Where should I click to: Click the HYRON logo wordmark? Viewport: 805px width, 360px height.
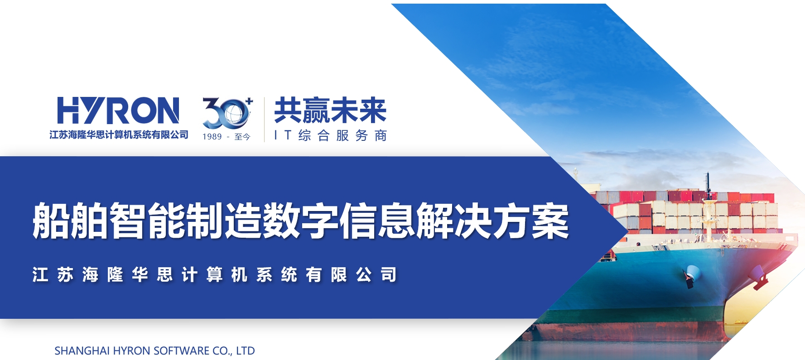coord(118,110)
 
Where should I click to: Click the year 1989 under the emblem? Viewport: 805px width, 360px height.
coord(212,137)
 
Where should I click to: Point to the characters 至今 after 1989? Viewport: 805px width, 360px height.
coord(242,137)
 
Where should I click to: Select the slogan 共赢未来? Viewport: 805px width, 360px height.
coord(330,110)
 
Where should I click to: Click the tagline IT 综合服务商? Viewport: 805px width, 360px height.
coord(330,135)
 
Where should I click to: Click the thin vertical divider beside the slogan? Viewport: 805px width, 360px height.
coord(264,120)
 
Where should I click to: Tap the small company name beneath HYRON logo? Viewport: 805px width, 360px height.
coord(119,135)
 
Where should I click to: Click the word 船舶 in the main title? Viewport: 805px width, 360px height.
coord(70,221)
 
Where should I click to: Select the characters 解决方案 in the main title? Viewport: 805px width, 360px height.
coord(493,221)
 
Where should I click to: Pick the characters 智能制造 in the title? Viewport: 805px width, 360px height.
coord(186,221)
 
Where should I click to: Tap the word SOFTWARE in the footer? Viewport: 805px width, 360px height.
coord(182,351)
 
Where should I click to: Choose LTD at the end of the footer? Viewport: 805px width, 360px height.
coord(246,351)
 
